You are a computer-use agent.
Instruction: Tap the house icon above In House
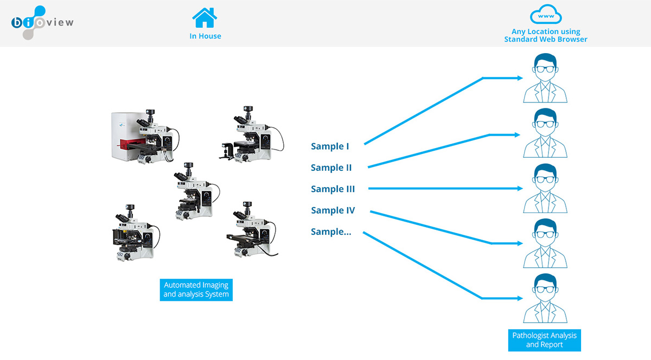click(205, 17)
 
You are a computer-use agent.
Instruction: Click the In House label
click(205, 36)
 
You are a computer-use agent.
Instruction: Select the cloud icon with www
click(545, 16)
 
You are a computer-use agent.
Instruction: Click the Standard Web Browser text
click(546, 39)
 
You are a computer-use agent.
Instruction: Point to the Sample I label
click(330, 146)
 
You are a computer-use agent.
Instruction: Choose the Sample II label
click(331, 168)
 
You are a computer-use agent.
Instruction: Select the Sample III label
click(333, 189)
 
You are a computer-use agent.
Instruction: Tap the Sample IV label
click(333, 210)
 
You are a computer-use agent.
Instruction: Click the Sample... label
click(331, 232)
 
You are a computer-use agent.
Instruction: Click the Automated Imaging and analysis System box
click(196, 290)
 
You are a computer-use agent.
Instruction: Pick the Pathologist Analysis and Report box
click(544, 339)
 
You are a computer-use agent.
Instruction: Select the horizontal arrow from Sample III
click(445, 189)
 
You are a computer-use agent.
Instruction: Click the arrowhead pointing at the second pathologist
click(520, 134)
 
